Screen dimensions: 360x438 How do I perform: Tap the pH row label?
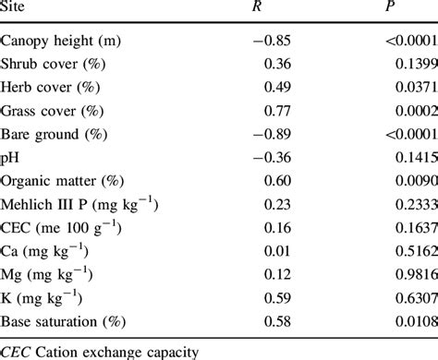10,162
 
